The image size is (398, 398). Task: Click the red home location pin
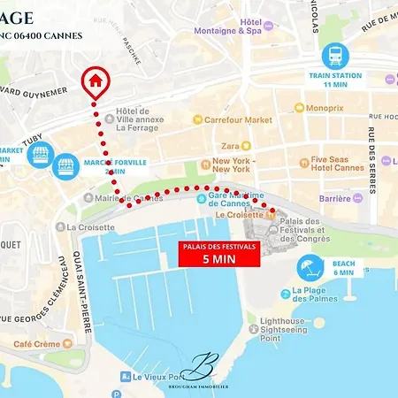pos(95,81)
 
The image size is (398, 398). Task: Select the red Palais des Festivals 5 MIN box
pos(218,254)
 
